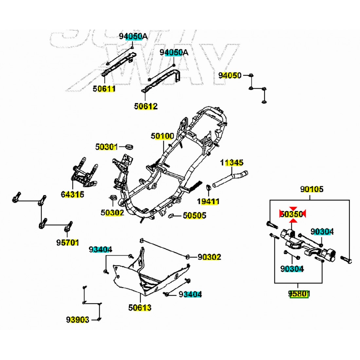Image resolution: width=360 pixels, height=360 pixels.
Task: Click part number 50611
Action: (104, 88)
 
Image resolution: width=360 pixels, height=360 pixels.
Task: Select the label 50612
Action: (146, 106)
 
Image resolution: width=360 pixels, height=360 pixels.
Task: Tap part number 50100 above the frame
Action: (162, 136)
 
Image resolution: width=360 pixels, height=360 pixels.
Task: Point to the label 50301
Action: (106, 147)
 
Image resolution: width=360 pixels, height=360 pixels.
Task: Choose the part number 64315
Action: (72, 194)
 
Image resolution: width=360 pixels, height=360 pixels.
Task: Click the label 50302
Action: (112, 212)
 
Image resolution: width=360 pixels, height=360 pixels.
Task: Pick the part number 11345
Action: (232, 162)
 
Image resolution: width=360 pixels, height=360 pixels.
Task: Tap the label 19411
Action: (208, 201)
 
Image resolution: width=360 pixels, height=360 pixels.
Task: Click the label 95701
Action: (67, 243)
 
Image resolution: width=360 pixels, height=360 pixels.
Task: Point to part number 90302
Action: (209, 257)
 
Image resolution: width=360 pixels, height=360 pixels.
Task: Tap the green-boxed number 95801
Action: (298, 294)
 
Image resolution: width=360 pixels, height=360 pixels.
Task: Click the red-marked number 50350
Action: (292, 214)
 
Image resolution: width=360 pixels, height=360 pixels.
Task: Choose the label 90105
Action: (312, 189)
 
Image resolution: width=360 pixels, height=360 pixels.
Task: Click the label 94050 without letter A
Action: (230, 76)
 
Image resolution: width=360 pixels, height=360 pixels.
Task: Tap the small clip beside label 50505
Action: (171, 216)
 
